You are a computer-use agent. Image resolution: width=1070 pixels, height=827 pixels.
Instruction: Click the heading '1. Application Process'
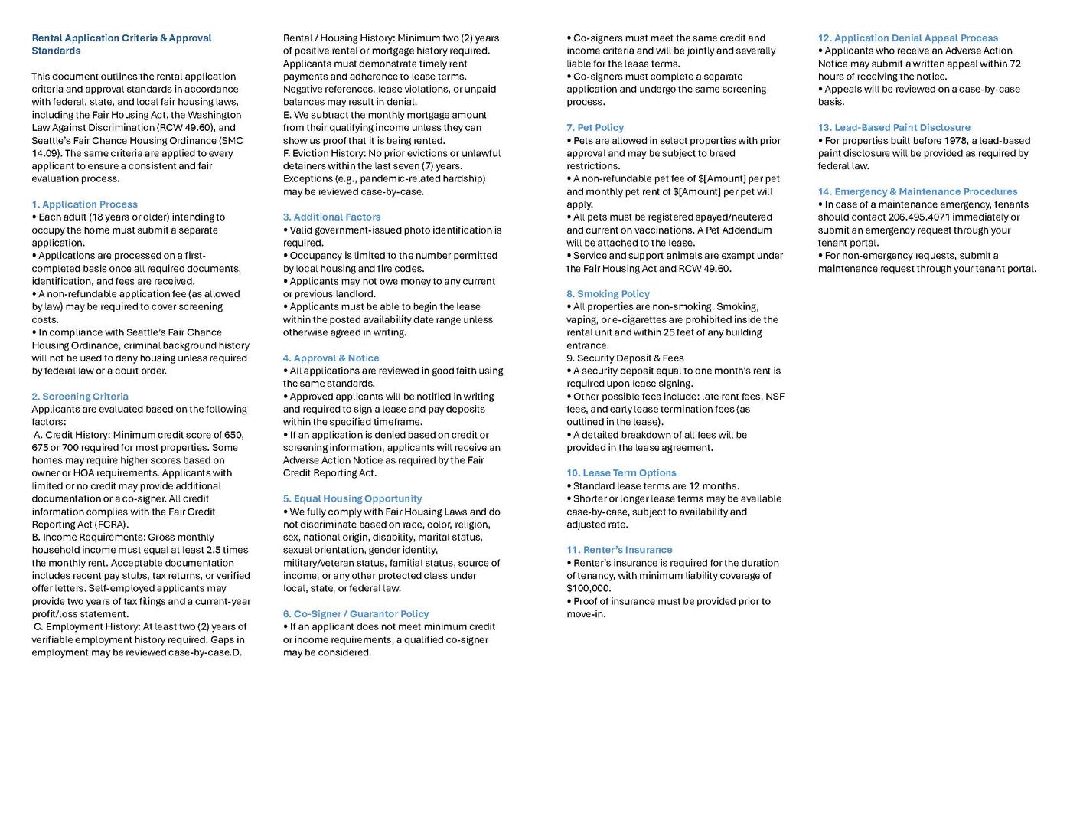(x=84, y=204)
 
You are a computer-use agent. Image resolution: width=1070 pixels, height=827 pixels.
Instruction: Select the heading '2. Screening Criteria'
(x=80, y=397)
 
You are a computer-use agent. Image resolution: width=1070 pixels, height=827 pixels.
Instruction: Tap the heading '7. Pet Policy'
(x=595, y=127)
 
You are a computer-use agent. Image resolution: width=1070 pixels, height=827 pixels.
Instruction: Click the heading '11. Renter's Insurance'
(x=619, y=550)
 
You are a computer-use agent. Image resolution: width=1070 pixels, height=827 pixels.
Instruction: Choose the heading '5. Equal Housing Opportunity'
(x=352, y=498)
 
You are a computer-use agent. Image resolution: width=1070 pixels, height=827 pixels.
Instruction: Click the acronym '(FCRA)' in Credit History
(x=112, y=525)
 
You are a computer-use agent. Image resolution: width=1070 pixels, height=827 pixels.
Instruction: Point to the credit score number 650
(x=233, y=435)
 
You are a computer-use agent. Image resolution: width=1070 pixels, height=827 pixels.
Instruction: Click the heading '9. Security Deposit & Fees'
(x=625, y=358)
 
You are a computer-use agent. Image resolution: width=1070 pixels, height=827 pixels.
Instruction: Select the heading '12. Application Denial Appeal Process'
(x=908, y=38)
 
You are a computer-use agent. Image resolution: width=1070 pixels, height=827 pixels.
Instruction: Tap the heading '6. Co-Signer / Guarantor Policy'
(x=355, y=614)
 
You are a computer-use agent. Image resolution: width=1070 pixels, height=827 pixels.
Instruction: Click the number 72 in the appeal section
(x=1015, y=64)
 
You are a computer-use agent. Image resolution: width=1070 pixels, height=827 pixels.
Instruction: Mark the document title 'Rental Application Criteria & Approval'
(x=121, y=38)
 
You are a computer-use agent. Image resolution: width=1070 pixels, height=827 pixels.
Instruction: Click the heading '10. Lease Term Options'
(x=621, y=473)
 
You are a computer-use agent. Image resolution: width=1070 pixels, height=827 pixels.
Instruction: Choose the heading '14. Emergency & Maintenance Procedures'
(x=917, y=191)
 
